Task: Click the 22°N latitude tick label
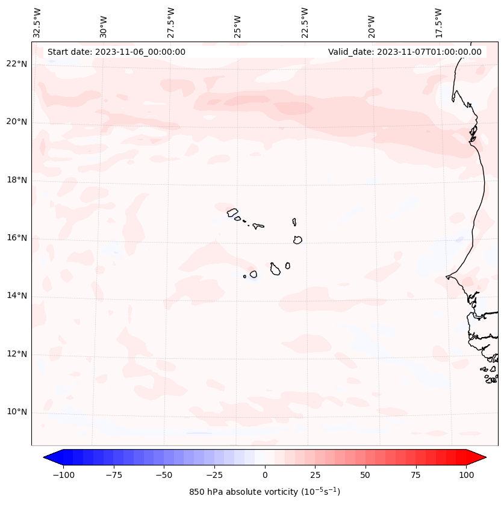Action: pyautogui.click(x=17, y=64)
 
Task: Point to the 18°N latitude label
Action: pyautogui.click(x=17, y=180)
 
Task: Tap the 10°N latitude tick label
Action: pyautogui.click(x=17, y=412)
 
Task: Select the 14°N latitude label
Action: pyautogui.click(x=17, y=296)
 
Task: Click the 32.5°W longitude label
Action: pyautogui.click(x=37, y=22)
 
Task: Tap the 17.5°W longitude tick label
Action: pyautogui.click(x=438, y=22)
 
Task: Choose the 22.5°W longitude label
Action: pyautogui.click(x=305, y=22)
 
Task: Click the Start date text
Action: pyautogui.click(x=116, y=52)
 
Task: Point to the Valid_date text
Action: pyautogui.click(x=405, y=52)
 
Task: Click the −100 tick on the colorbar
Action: pyautogui.click(x=63, y=475)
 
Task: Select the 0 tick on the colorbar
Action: pyautogui.click(x=265, y=475)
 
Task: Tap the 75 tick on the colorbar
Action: pyautogui.click(x=416, y=475)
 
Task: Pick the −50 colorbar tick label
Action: pyautogui.click(x=164, y=475)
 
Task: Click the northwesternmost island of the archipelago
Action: pyautogui.click(x=232, y=212)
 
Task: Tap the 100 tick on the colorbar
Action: pyautogui.click(x=466, y=475)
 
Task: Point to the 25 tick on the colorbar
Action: pyautogui.click(x=316, y=475)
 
